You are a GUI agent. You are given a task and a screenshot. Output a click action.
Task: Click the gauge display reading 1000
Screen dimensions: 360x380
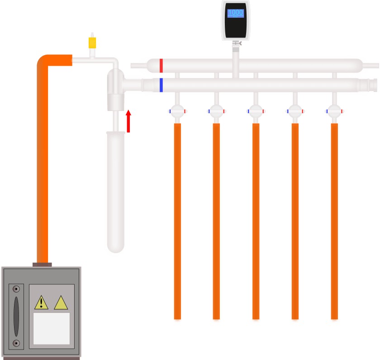235,13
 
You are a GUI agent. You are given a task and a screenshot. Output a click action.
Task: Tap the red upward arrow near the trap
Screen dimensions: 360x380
128,121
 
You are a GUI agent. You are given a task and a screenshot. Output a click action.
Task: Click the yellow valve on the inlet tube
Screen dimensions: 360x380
92,43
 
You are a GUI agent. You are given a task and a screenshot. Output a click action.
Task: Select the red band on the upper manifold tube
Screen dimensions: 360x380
161,65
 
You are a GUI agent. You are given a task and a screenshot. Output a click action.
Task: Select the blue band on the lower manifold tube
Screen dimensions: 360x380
161,85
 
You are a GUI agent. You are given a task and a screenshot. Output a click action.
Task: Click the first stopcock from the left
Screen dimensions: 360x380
177,111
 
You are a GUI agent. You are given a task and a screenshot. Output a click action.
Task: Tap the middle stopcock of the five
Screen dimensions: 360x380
256,111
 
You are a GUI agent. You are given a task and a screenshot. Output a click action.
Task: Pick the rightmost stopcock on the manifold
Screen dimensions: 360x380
334,111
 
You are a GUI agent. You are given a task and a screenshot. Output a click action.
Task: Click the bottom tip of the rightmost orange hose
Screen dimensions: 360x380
334,320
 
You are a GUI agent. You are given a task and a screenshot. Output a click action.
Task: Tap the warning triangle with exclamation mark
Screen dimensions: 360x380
41,302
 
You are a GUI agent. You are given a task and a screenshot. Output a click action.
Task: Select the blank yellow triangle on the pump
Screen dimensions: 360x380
61,302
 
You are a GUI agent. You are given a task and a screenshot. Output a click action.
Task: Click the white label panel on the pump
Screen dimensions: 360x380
52,328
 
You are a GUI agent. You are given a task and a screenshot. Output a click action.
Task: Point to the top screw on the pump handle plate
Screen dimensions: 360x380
16,289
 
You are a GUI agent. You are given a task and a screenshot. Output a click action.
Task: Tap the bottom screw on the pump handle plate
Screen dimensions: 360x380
16,343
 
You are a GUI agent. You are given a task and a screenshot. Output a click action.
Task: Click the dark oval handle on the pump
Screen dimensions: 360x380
16,316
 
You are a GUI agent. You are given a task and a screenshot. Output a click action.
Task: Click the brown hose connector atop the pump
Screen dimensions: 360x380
42,264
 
